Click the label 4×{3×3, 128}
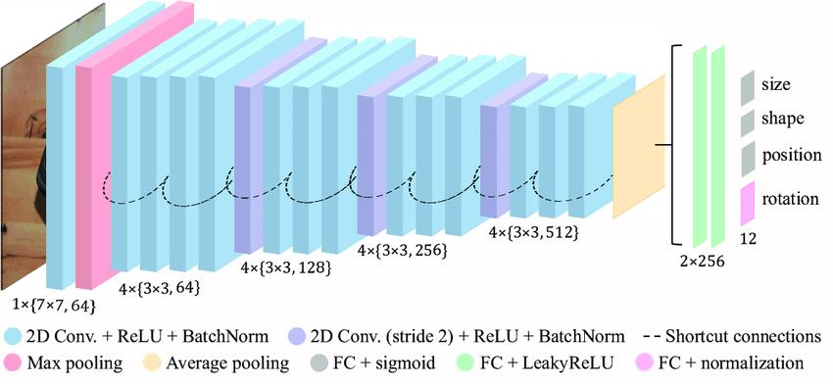pos(283,266)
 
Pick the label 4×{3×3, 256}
pos(403,251)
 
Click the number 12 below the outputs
pos(751,238)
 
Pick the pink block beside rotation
pos(750,202)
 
